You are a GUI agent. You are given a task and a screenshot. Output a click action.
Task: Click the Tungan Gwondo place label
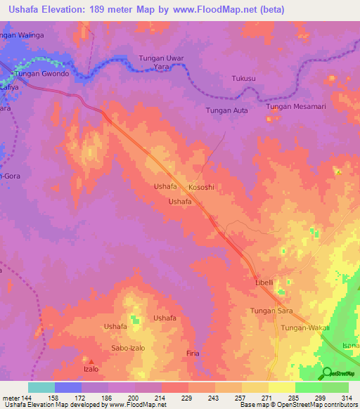43,74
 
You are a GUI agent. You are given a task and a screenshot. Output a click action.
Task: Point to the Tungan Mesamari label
299,107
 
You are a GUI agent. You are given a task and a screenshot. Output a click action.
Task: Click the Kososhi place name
201,188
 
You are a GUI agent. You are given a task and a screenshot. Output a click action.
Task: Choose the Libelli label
264,283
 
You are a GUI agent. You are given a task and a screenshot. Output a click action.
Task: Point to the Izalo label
90,368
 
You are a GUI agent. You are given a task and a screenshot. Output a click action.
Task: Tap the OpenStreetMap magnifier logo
327,372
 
